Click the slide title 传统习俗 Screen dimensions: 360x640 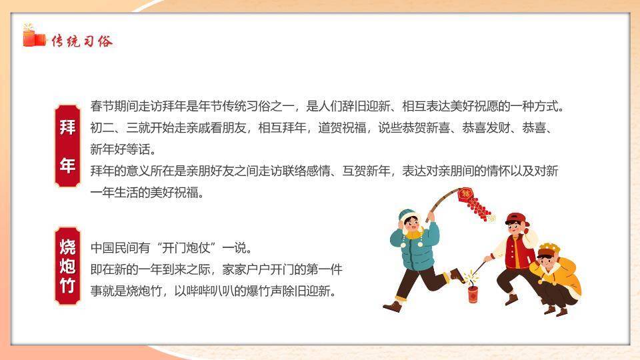pyautogui.click(x=82, y=41)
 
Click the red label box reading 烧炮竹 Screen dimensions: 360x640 pyautogui.click(x=68, y=266)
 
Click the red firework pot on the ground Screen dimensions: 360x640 pyautogui.click(x=473, y=293)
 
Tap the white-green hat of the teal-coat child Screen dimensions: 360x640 pyautogui.click(x=407, y=215)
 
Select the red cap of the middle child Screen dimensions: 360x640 pyautogui.click(x=515, y=219)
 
